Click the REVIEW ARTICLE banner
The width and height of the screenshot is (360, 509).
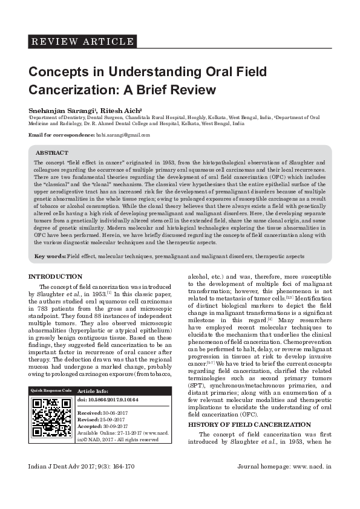tap(82, 42)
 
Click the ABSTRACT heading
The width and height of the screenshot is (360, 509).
tap(52, 153)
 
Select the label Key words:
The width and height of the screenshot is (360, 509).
tap(50, 257)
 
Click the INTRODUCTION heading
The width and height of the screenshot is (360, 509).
tap(56, 276)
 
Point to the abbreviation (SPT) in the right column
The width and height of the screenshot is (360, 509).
tap(196, 384)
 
